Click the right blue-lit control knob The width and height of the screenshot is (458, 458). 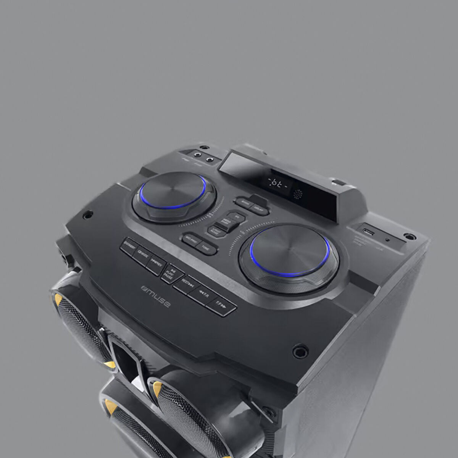click(x=289, y=250)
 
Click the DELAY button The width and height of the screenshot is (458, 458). click(x=260, y=209)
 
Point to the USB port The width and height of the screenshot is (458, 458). click(x=367, y=232)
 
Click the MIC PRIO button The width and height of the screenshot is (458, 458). click(x=190, y=239)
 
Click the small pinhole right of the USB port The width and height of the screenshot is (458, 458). click(x=388, y=240)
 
